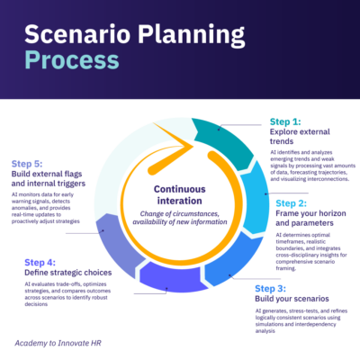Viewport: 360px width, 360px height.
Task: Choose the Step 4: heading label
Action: coord(40,263)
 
